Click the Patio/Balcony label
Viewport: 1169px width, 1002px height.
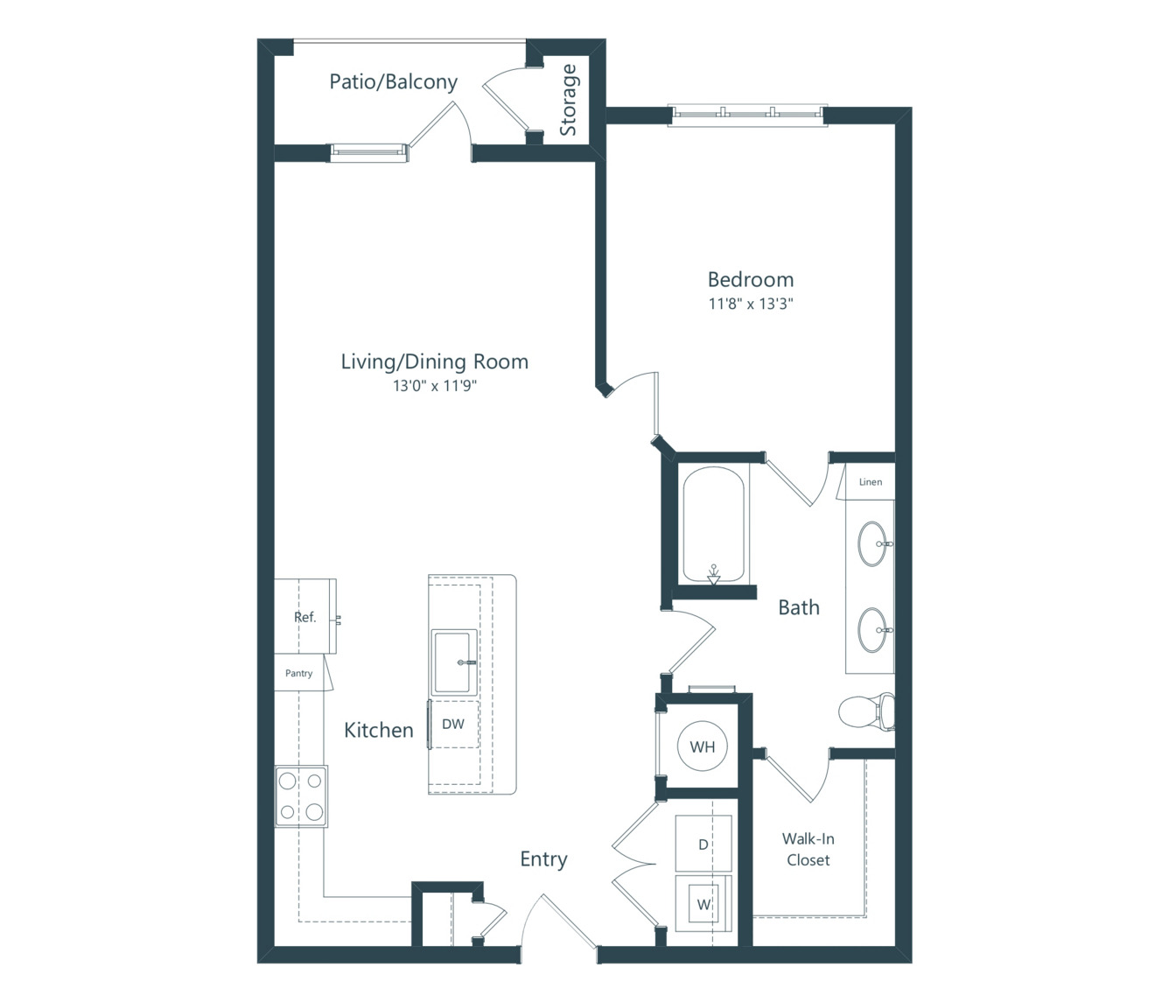tap(393, 82)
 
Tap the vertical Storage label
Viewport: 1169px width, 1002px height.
tap(568, 100)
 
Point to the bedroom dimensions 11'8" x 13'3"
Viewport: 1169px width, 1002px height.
tap(751, 304)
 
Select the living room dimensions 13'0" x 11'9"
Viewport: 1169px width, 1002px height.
tap(435, 386)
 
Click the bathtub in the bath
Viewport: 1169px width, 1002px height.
tap(713, 524)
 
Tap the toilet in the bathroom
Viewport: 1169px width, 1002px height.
tap(865, 712)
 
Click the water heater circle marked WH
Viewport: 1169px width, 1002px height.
tap(703, 746)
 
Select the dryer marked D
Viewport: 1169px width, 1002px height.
tap(703, 843)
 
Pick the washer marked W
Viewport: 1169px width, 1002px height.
tap(703, 904)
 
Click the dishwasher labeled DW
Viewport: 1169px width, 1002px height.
tap(453, 725)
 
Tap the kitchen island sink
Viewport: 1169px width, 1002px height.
tap(454, 662)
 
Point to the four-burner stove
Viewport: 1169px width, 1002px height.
tap(301, 796)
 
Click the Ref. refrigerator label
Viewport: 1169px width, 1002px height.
tap(304, 617)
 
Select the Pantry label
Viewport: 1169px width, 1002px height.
tap(298, 673)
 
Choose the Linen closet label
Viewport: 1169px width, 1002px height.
tap(871, 482)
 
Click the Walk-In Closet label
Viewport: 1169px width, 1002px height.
tap(808, 849)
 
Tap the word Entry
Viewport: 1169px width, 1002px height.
tap(543, 859)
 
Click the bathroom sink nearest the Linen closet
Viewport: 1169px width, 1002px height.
tap(873, 543)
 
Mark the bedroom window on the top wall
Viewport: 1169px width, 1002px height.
tap(747, 116)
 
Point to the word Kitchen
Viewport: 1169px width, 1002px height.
tap(378, 730)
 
